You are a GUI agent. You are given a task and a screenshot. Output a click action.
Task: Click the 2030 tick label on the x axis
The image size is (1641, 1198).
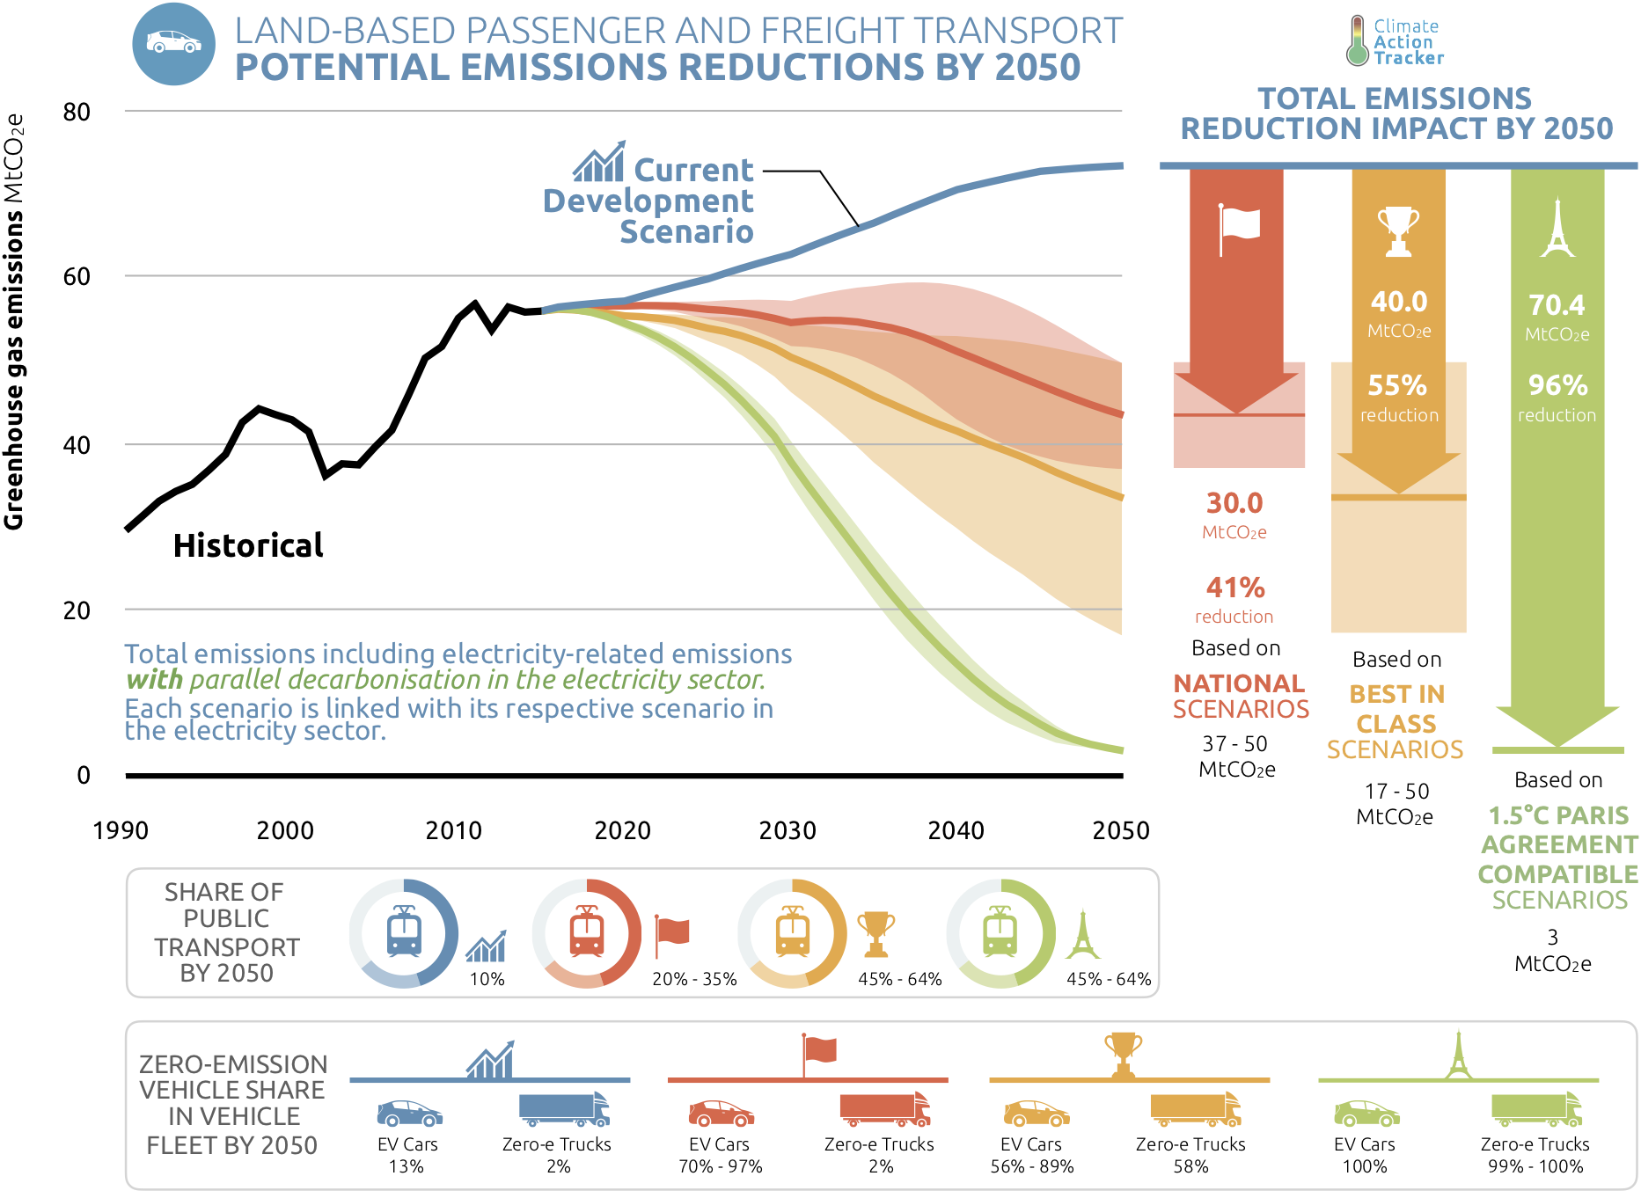click(x=788, y=830)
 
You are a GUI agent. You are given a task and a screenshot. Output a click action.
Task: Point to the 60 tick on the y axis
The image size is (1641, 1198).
click(x=77, y=277)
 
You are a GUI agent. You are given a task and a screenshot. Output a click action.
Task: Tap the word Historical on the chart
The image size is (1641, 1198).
click(x=248, y=545)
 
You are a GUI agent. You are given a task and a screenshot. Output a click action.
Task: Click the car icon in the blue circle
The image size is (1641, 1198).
click(x=173, y=42)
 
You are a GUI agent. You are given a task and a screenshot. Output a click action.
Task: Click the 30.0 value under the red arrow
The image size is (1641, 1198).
click(x=1234, y=503)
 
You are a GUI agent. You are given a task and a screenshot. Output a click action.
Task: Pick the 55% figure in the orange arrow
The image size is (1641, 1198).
click(x=1397, y=385)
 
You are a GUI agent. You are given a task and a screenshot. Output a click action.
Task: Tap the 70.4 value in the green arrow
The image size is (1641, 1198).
click(x=1557, y=305)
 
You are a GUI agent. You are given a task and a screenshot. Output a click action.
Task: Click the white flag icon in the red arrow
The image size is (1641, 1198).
click(x=1238, y=228)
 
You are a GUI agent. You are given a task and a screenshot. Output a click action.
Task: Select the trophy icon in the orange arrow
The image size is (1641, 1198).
click(x=1398, y=230)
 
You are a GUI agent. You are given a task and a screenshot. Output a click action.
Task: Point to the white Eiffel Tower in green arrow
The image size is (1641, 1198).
click(x=1557, y=228)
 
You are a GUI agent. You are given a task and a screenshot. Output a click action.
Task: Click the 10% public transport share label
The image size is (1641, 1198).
click(x=487, y=979)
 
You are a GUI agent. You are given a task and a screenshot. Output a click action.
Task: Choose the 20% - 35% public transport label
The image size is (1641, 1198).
click(x=694, y=979)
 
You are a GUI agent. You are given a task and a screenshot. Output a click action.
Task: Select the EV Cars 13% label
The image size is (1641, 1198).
click(x=407, y=1155)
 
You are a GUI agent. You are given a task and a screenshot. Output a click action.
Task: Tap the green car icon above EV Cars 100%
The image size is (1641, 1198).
click(x=1366, y=1114)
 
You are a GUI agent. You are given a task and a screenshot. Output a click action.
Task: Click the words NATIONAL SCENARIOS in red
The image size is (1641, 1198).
click(x=1241, y=696)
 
